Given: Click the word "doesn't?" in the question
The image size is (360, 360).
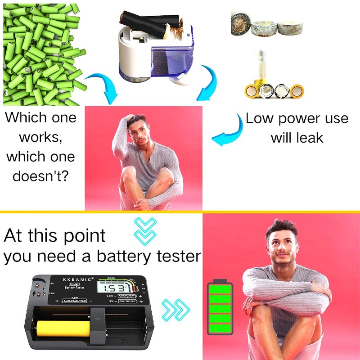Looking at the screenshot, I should [x=40, y=175].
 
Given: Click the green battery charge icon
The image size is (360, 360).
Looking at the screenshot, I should [x=220, y=311].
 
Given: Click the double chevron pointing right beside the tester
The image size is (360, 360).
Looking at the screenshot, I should [x=174, y=308].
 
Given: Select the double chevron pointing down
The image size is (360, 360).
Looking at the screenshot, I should [x=145, y=229].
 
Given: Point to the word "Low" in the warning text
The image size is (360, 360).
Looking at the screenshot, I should [x=260, y=119].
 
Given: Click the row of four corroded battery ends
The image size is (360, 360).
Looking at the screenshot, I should [x=274, y=90].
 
